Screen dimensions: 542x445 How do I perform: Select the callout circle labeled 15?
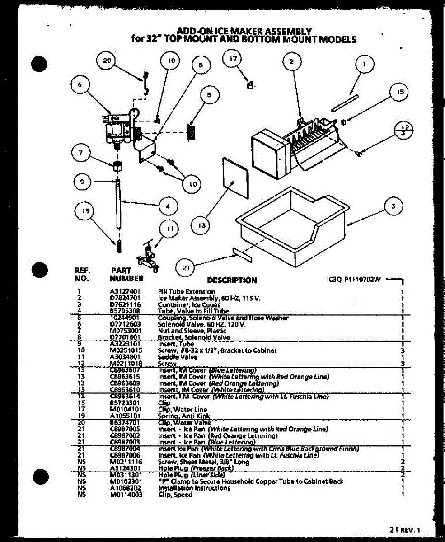pos(398,93)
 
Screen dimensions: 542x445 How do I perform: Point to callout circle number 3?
pos(393,206)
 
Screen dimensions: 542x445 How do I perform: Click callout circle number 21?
pos(185,267)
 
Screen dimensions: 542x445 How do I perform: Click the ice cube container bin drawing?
pos(289,226)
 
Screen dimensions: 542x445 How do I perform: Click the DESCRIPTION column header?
pos(232,280)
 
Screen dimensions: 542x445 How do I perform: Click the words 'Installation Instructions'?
pos(194,488)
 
